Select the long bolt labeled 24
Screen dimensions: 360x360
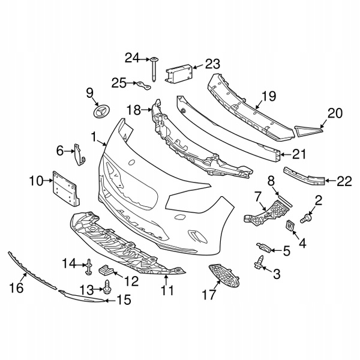pos(154,69)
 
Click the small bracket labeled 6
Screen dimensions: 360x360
pos(79,154)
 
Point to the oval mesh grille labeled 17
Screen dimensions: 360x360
pos(224,276)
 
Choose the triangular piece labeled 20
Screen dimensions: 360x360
pos(308,131)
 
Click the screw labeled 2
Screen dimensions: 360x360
pos(306,218)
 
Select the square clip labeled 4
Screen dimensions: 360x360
pos(290,225)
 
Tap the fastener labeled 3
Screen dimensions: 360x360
pos(259,262)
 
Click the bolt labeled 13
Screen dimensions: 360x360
pos(107,287)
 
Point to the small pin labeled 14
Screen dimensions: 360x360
pos(89,266)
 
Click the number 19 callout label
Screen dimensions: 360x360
pos(269,97)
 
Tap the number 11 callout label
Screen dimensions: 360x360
pos(167,290)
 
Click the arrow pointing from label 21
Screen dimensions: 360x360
pos(286,155)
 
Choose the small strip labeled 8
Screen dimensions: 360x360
pos(284,200)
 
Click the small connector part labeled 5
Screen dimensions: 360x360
pos(264,247)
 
